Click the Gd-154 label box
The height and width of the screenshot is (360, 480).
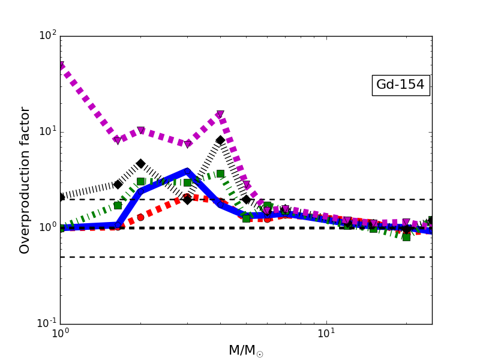pyautogui.click(x=400, y=85)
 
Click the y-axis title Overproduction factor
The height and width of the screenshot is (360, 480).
pyautogui.click(x=25, y=180)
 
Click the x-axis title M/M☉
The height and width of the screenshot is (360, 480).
pyautogui.click(x=245, y=351)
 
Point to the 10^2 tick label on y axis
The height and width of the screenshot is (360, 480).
pyautogui.click(x=47, y=36)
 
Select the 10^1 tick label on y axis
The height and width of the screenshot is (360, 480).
pyautogui.click(x=47, y=132)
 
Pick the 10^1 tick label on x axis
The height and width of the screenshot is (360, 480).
pyautogui.click(x=326, y=334)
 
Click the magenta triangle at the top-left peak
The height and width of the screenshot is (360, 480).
pyautogui.click(x=61, y=66)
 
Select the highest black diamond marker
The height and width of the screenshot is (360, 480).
pyautogui.click(x=220, y=140)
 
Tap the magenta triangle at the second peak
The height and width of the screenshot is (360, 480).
pyautogui.click(x=220, y=115)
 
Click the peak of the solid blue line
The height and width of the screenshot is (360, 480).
pyautogui.click(x=187, y=171)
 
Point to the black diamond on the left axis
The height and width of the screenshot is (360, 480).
pyautogui.click(x=61, y=197)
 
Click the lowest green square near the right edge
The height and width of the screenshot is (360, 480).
pyautogui.click(x=406, y=237)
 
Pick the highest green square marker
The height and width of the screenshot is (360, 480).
pyautogui.click(x=220, y=173)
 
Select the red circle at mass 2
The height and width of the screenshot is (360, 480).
pyautogui.click(x=140, y=217)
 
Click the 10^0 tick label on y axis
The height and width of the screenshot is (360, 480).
pyautogui.click(x=47, y=228)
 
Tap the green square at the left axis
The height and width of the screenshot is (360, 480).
pyautogui.click(x=61, y=228)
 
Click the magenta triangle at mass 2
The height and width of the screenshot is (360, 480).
pyautogui.click(x=140, y=130)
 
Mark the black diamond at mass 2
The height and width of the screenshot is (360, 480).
pyautogui.click(x=140, y=163)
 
